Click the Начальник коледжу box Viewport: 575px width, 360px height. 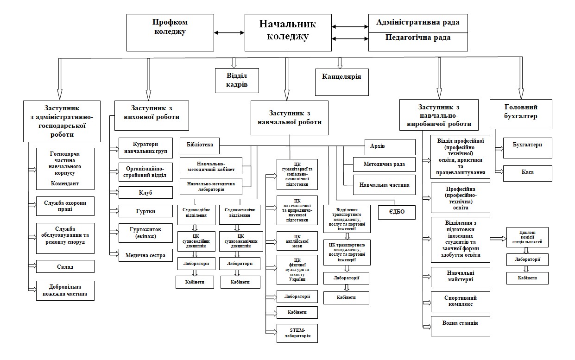tap(288, 32)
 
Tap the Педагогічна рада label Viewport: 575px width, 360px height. tap(418, 38)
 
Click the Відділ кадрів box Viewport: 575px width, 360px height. tap(237, 80)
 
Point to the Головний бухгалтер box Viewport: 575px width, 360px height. tap(521, 114)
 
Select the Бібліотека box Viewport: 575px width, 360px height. tap(200, 145)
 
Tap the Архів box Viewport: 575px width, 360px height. tap(390, 147)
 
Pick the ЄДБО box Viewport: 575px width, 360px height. tap(397, 212)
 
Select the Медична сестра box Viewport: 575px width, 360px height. tap(145, 255)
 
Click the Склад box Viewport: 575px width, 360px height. tap(65, 266)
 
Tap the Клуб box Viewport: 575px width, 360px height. tap(145, 193)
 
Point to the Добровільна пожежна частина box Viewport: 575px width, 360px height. tap(65, 291)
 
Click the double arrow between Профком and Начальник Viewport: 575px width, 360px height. tap(229, 33)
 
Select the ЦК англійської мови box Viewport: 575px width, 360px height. tap(297, 241)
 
